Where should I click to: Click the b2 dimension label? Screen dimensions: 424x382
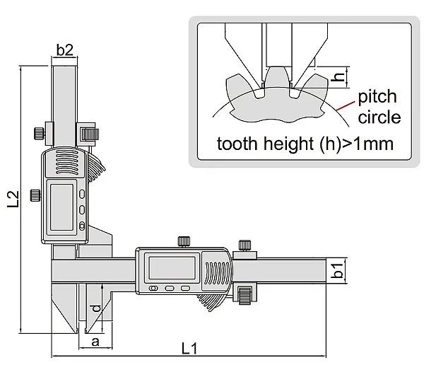64,50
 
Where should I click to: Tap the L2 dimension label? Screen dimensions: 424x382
13,199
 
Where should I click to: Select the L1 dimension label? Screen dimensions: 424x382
189,348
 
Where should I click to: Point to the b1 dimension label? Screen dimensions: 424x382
338,270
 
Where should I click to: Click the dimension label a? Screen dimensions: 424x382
95,342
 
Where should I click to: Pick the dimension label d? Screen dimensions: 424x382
95,308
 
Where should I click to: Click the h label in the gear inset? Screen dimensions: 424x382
338,77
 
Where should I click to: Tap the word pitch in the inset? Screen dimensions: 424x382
377,97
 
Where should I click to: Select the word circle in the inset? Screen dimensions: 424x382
379,117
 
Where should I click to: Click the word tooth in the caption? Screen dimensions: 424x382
237,143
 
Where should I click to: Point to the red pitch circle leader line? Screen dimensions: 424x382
346,106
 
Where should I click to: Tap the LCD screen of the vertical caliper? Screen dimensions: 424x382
62,207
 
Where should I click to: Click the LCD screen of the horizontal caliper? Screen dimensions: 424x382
172,267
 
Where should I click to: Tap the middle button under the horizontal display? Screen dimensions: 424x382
170,289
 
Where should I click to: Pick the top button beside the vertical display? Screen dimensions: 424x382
82,194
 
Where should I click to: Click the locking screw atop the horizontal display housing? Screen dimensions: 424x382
184,241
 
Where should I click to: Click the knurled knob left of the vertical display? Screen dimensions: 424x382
36,195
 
